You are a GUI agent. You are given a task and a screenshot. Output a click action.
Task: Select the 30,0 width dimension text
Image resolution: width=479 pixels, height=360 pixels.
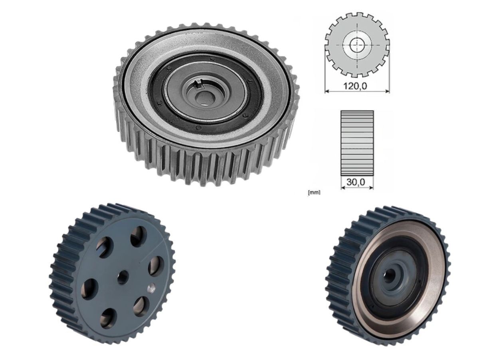click(x=356, y=182)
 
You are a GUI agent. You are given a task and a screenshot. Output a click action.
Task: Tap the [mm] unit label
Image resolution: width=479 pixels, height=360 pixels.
click(x=314, y=192)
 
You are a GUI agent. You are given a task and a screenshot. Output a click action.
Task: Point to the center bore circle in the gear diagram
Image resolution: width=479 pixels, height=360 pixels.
click(x=357, y=45)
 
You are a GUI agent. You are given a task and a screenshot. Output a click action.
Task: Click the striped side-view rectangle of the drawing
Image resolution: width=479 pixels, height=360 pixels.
click(x=357, y=143)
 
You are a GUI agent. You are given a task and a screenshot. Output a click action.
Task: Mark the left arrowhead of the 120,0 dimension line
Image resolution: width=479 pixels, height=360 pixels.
click(x=327, y=91)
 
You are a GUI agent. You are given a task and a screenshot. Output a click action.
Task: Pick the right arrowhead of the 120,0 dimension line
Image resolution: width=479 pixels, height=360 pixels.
click(x=388, y=91)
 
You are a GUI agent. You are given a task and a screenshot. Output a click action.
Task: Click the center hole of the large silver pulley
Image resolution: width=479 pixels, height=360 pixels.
click(x=205, y=97)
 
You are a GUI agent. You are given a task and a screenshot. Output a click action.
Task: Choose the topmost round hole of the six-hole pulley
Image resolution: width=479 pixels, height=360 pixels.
click(x=138, y=236)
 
